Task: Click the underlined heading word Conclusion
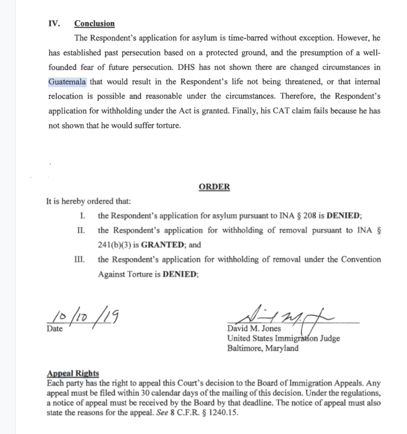(x=94, y=24)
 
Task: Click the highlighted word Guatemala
(x=67, y=82)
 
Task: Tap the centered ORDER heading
(x=214, y=187)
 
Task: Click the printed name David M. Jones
(x=255, y=329)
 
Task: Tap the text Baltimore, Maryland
(x=263, y=348)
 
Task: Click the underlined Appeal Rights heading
(x=73, y=374)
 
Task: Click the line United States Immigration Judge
(x=284, y=339)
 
